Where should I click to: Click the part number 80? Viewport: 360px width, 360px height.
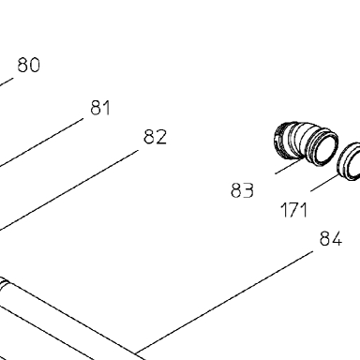tap(29, 65)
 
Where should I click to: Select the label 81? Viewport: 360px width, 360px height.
tap(100, 108)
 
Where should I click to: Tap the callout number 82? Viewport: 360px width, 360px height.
tap(156, 137)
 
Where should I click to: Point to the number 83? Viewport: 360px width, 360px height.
tap(243, 190)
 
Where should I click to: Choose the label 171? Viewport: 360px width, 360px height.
tap(294, 210)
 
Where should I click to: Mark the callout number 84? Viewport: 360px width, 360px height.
tap(331, 239)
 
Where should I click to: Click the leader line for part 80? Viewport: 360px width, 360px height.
tap(7, 82)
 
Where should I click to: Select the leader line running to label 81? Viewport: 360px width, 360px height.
tap(41, 142)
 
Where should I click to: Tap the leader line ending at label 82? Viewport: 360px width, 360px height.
tap(68, 190)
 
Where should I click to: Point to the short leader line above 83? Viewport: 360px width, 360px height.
tap(290, 166)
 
